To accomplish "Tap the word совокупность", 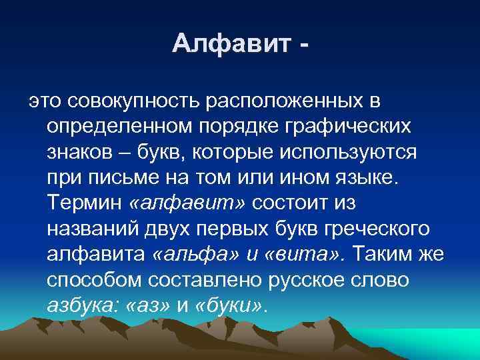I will (x=133, y=101).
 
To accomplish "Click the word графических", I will (x=345, y=127).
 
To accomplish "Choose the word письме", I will (x=130, y=177).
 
